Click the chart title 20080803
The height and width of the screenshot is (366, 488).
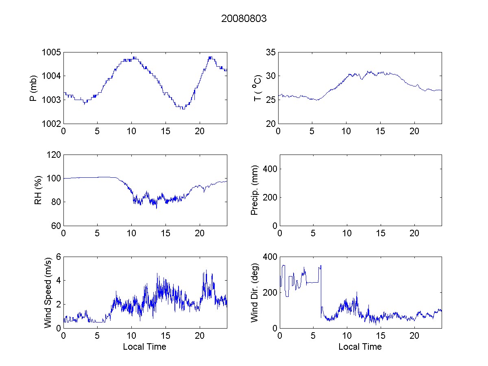pos(244,19)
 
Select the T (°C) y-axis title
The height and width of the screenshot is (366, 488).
pos(257,88)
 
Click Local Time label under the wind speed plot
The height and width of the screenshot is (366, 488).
pos(144,347)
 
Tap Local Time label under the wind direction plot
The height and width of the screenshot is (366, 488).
pos(360,347)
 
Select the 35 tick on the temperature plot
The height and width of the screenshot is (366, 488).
pos(271,52)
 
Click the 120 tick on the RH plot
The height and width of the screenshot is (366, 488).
pos(54,155)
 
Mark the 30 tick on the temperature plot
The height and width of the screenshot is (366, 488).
pos(271,76)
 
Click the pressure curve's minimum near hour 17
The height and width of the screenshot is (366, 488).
pos(183,109)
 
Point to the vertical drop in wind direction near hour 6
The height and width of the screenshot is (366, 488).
pos(321,289)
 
